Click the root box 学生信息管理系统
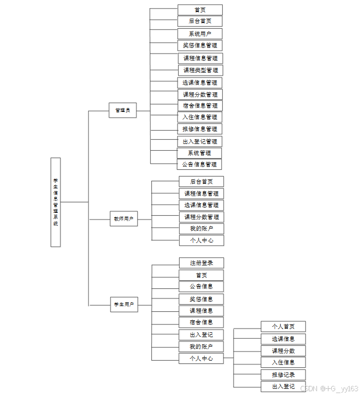(x=56, y=202)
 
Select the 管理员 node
(x=123, y=110)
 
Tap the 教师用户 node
(x=124, y=219)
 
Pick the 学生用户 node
(x=124, y=304)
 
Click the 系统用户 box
(x=200, y=33)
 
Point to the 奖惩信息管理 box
(x=200, y=45)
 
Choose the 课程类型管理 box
(x=200, y=70)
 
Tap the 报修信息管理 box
(x=200, y=129)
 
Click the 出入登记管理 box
(x=200, y=141)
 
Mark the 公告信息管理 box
(x=200, y=165)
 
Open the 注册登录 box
(x=201, y=263)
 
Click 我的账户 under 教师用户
(x=201, y=229)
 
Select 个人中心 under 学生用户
(x=201, y=358)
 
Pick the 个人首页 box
(x=283, y=327)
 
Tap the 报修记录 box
(x=283, y=374)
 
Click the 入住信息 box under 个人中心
(x=283, y=362)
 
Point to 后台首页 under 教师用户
(x=201, y=182)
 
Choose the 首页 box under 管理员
(x=200, y=10)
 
